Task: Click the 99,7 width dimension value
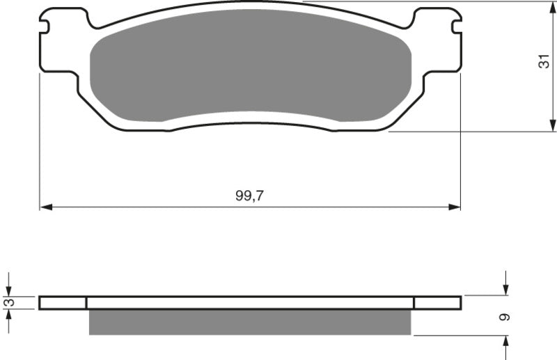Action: (x=249, y=197)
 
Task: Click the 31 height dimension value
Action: (x=544, y=62)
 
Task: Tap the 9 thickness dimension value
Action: (x=505, y=317)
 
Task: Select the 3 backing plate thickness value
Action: (x=8, y=302)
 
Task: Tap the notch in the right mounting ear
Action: (x=456, y=26)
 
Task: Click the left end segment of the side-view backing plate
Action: (x=63, y=302)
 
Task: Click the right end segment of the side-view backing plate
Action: (x=437, y=302)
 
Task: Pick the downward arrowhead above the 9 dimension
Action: (x=505, y=289)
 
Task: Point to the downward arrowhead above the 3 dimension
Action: (x=8, y=290)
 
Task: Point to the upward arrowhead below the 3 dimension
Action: (x=8, y=315)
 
